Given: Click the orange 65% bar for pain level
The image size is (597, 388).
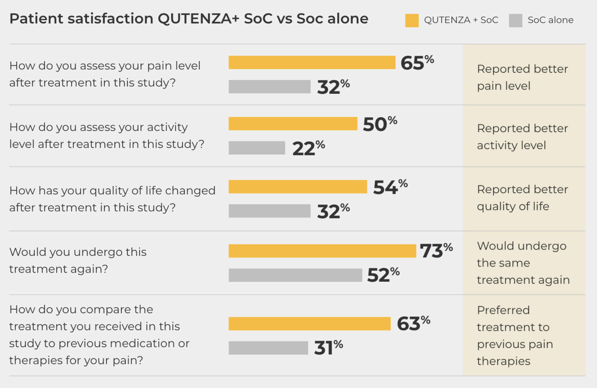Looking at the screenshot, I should (x=312, y=62).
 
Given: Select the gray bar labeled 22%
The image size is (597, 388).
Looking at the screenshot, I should (x=257, y=148).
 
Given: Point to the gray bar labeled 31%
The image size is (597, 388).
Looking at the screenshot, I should (x=268, y=348).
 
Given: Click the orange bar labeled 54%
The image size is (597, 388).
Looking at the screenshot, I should (x=298, y=187).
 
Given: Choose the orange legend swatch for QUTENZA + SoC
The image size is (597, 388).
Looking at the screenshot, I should (x=412, y=20).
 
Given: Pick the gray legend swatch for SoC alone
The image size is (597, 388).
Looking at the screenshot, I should (x=515, y=20).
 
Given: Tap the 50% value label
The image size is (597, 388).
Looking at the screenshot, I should (x=379, y=124).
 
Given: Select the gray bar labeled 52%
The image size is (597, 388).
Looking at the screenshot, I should (x=295, y=275).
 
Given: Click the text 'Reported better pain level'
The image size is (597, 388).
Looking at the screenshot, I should (x=522, y=77).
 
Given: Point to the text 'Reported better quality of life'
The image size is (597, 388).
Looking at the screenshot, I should (x=522, y=198).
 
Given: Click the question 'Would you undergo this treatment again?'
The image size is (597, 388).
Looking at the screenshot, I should (x=78, y=260).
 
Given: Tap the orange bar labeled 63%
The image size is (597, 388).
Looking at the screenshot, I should (x=309, y=323).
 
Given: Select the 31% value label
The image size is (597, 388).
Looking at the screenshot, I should (x=328, y=348).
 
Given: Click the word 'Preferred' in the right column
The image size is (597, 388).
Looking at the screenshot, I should (x=503, y=310).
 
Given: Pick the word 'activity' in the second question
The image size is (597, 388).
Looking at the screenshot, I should (x=167, y=127).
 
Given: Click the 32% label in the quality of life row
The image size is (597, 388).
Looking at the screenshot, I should (x=333, y=211).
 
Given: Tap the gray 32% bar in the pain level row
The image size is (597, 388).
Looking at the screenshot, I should (x=269, y=87).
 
